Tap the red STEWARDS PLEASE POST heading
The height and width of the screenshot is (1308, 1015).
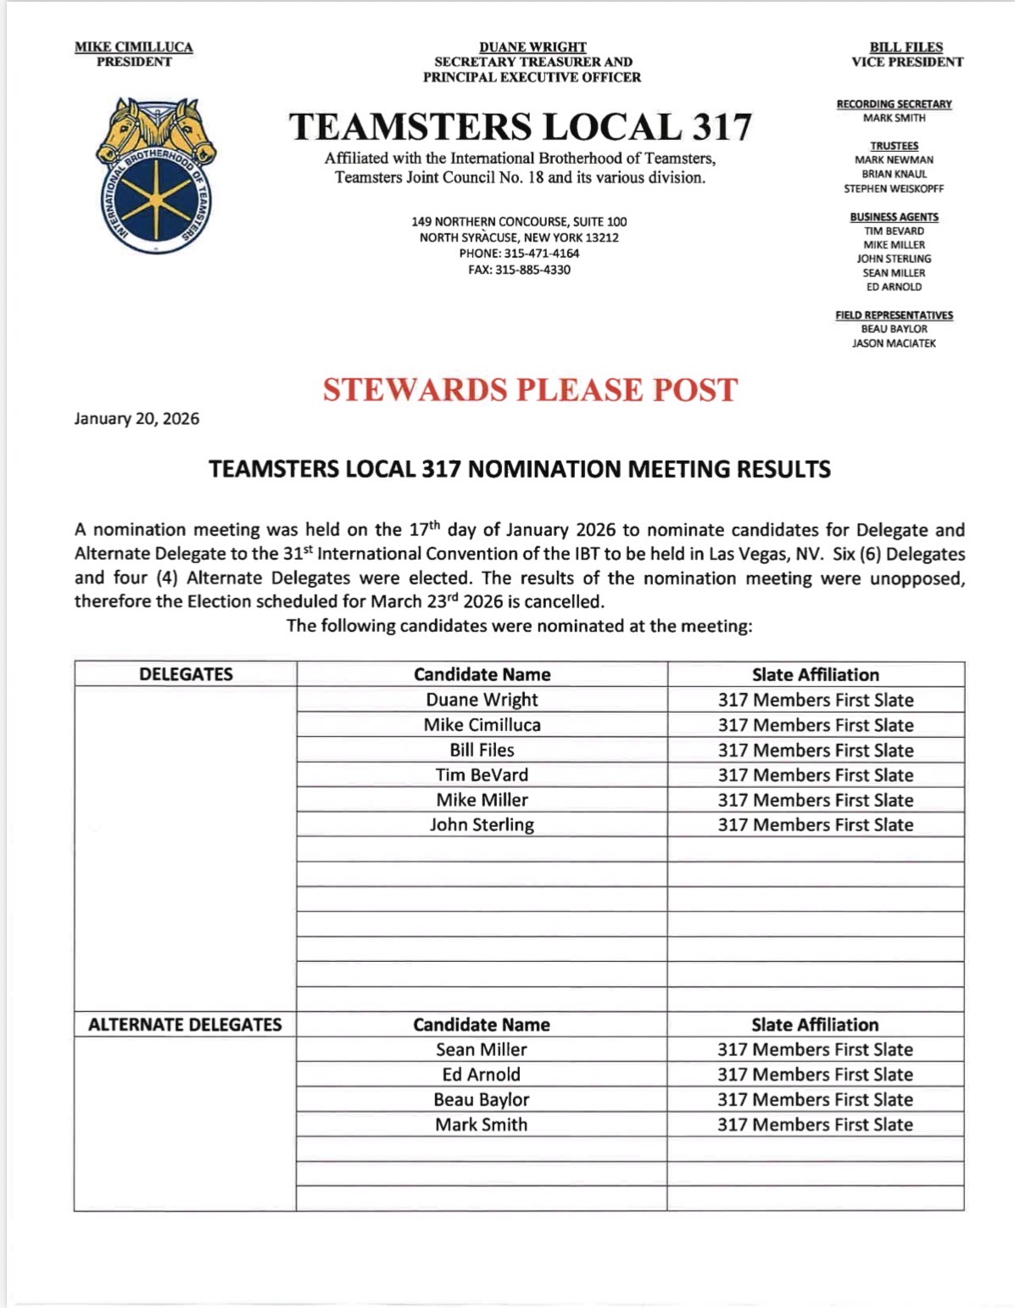point(530,390)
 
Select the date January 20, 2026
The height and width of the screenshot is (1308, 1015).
point(137,419)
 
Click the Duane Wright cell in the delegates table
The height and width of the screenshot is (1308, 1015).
point(482,700)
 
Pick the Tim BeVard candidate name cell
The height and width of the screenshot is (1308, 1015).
point(482,775)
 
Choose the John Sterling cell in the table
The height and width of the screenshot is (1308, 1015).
point(482,825)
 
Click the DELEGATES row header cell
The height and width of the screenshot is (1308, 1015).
point(186,674)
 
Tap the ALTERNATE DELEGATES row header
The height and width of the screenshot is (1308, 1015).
point(185,1025)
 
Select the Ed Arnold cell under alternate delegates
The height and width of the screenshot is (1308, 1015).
point(481,1075)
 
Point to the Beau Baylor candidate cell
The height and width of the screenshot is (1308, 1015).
point(481,1100)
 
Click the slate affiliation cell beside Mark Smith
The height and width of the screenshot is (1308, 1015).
point(815,1125)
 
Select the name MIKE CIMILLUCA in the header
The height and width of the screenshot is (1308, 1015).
point(134,48)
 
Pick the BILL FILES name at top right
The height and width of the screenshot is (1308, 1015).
point(906,48)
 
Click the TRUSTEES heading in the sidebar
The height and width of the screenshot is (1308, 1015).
point(894,146)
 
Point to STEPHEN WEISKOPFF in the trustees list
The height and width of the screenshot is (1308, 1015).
point(894,189)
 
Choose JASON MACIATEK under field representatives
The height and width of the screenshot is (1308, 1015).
point(894,344)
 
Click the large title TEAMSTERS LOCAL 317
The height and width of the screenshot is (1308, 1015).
point(520,127)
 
